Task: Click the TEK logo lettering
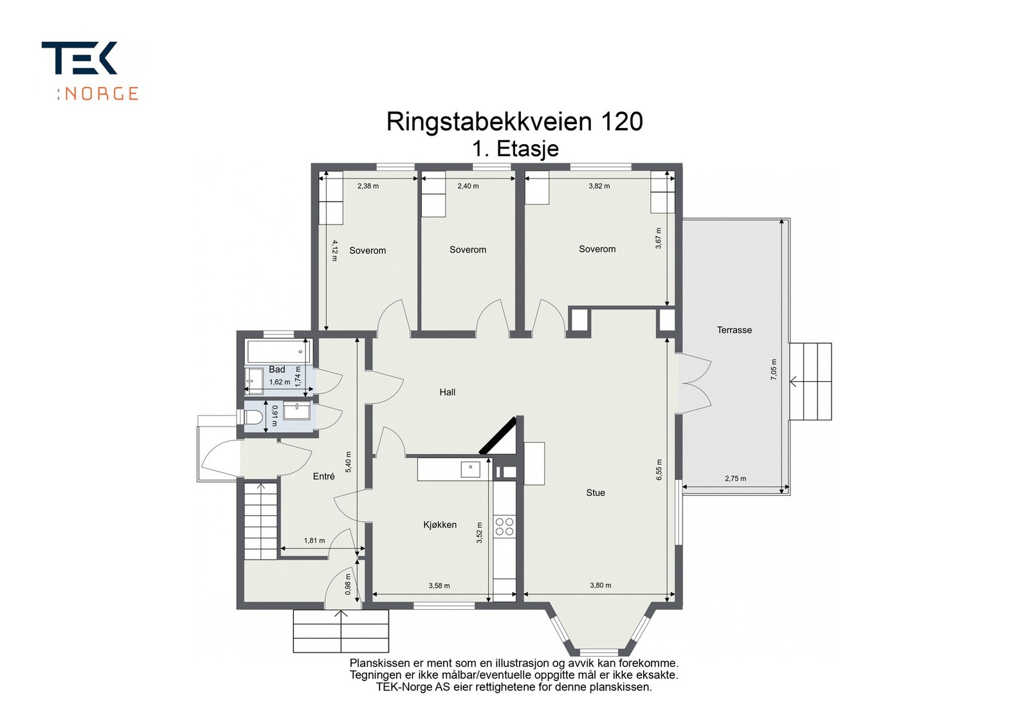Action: [79, 58]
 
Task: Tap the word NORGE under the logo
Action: [101, 94]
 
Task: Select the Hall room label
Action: [448, 392]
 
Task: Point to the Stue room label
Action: [596, 493]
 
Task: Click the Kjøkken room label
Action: [440, 525]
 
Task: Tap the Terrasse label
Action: [734, 330]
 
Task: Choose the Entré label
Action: [324, 477]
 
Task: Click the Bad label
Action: [277, 369]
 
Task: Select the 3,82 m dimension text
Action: [599, 186]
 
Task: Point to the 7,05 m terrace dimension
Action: [774, 369]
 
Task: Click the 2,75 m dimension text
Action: [736, 478]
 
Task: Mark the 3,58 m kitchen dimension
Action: [439, 586]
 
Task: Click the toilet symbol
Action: [250, 417]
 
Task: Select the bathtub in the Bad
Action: [279, 352]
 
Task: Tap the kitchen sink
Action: [470, 469]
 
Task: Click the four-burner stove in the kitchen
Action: [504, 526]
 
